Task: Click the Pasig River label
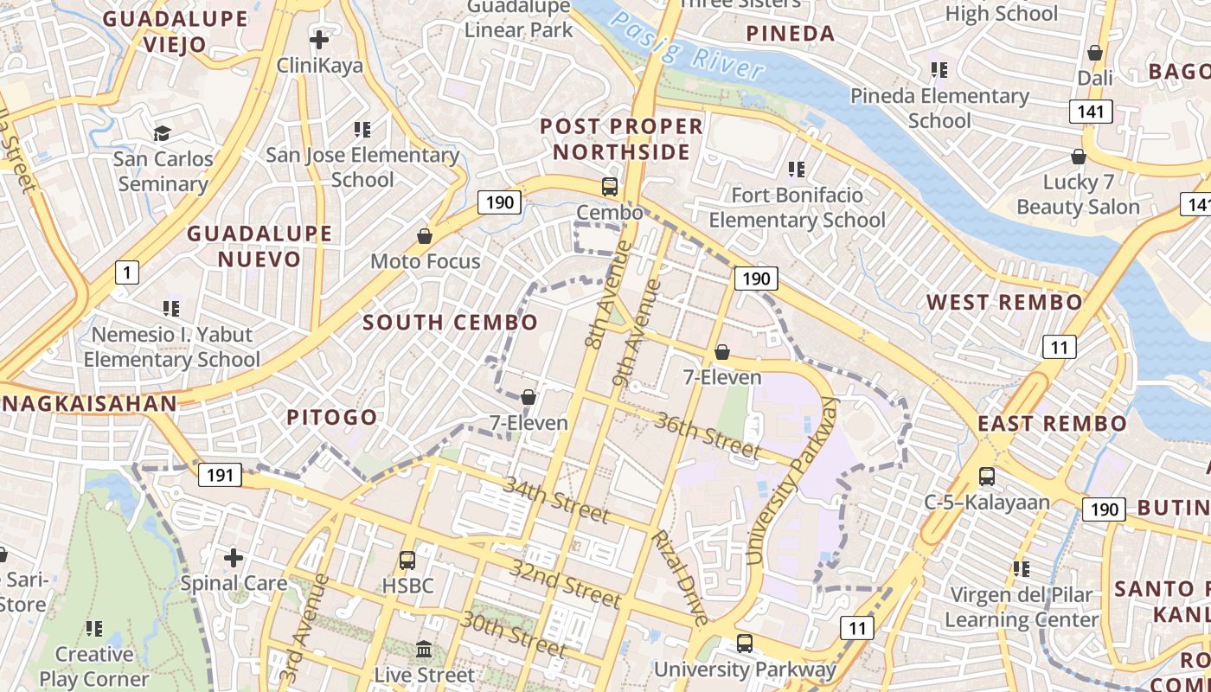pos(689,48)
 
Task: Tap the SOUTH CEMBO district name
pos(450,323)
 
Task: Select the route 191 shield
pos(220,475)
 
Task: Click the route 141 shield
pos(1090,111)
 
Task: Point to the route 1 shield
pos(127,273)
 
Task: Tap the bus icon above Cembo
pos(610,186)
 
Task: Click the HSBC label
pos(407,585)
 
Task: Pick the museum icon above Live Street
pos(424,649)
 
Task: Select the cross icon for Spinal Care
pos(233,558)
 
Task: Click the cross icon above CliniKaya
pos(319,39)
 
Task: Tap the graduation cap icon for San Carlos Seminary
pos(162,133)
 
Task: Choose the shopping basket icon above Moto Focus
pos(425,236)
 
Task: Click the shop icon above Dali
pos(1095,53)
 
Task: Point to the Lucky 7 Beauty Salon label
pos(1078,195)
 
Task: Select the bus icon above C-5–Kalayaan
pos(986,476)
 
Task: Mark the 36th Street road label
pos(708,435)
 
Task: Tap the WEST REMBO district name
pos(1003,302)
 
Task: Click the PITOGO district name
pos(332,417)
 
